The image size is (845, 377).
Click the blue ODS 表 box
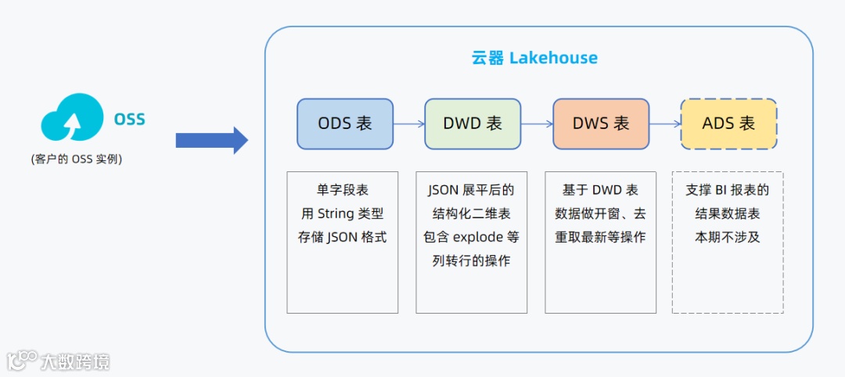pyautogui.click(x=345, y=124)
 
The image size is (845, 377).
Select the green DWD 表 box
pyautogui.click(x=473, y=124)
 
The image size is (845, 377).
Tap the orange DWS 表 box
pyautogui.click(x=601, y=124)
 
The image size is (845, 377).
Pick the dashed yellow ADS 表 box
pyautogui.click(x=728, y=124)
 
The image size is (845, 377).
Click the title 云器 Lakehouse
pyautogui.click(x=534, y=58)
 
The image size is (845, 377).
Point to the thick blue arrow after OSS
pyautogui.click(x=211, y=140)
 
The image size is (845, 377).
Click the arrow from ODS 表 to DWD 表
pyautogui.click(x=408, y=124)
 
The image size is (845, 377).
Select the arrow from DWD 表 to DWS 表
pyautogui.click(x=537, y=124)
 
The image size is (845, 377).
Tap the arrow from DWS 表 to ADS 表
pyautogui.click(x=665, y=124)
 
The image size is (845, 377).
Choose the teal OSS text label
pyautogui.click(x=130, y=120)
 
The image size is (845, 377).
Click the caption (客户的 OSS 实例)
pyautogui.click(x=76, y=159)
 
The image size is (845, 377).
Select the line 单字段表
pyautogui.click(x=343, y=190)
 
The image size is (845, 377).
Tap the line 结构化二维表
pyautogui.click(x=471, y=214)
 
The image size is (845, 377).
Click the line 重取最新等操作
pyautogui.click(x=600, y=237)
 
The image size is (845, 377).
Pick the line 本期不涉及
pyautogui.click(x=728, y=237)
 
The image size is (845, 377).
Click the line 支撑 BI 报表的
pyautogui.click(x=728, y=190)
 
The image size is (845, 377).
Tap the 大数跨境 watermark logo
pyautogui.click(x=59, y=361)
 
